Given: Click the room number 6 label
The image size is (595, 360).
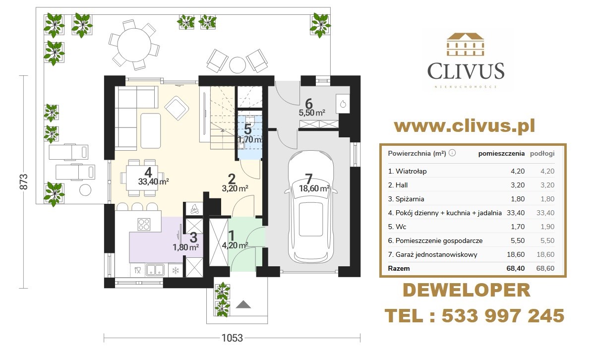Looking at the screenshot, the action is coord(308,104).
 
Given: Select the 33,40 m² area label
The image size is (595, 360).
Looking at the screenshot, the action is coord(154,181).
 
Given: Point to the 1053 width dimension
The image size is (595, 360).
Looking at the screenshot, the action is coord(232,338).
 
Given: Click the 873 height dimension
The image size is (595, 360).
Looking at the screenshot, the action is coord(24,181).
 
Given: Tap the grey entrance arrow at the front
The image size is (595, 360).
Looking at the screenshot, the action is coord(243,304).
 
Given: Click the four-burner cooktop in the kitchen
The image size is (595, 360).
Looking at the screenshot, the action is coord(144,224).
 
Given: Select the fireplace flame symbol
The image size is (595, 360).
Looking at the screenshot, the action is coord(195,209).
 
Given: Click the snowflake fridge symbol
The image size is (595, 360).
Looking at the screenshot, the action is coord(176,270).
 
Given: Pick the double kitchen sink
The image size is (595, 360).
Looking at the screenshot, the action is coord(155,270).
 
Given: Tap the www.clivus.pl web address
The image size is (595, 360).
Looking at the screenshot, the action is coord(465,126).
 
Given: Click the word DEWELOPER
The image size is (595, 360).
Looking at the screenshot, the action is coord(467,291).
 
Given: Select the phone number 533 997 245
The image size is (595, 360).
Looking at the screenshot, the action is coord(503,316).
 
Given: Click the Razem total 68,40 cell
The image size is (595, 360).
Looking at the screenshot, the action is coord(515,268).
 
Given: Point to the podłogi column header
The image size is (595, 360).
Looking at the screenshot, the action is coord(542,154).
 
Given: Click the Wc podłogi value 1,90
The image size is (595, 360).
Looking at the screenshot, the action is coord(547,227).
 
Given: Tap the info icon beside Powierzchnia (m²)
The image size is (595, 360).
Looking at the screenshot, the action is coord(452,153).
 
